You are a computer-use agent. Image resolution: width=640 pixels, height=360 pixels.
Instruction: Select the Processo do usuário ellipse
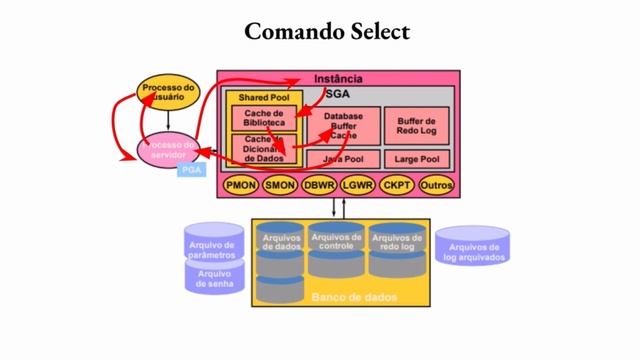coord(169,93)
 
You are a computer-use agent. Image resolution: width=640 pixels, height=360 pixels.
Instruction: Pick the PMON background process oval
coord(241,185)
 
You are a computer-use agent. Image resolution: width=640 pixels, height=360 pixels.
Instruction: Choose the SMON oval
coord(279,185)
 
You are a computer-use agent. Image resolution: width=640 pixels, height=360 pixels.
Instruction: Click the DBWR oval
coord(319,185)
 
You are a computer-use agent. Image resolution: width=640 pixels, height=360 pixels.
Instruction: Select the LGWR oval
coord(357,185)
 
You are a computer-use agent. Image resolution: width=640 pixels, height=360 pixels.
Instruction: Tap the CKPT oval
coord(397,185)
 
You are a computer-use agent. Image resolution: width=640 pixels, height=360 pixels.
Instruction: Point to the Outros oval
coord(437,185)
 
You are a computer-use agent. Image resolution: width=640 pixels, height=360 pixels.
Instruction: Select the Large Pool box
coord(416,158)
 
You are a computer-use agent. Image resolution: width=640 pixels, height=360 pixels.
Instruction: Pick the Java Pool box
coord(343,158)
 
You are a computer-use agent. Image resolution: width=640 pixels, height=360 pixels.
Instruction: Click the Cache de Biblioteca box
coord(264,119)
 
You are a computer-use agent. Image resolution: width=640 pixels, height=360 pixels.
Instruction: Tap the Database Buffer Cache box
coord(343,125)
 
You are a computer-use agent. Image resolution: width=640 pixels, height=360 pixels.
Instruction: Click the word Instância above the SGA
coord(338,79)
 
